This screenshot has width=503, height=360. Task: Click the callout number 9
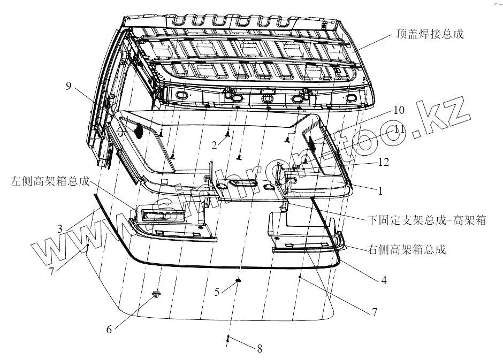[68, 86]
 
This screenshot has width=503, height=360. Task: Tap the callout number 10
[398, 111]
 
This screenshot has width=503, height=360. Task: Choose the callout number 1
[380, 190]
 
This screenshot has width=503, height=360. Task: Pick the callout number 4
[384, 279]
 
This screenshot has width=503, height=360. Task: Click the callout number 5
[217, 292]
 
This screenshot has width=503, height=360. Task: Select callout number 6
[109, 330]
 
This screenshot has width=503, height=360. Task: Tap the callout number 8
[260, 349]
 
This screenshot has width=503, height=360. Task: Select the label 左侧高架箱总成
[50, 181]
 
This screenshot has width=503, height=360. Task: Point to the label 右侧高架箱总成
[407, 250]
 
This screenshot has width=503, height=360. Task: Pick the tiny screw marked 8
[228, 338]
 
